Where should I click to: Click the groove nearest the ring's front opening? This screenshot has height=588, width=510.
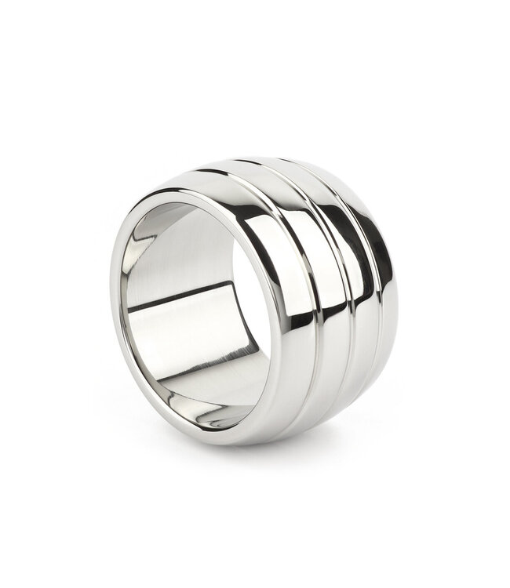(302, 314)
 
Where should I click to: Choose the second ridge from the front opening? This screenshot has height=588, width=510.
(318, 314)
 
